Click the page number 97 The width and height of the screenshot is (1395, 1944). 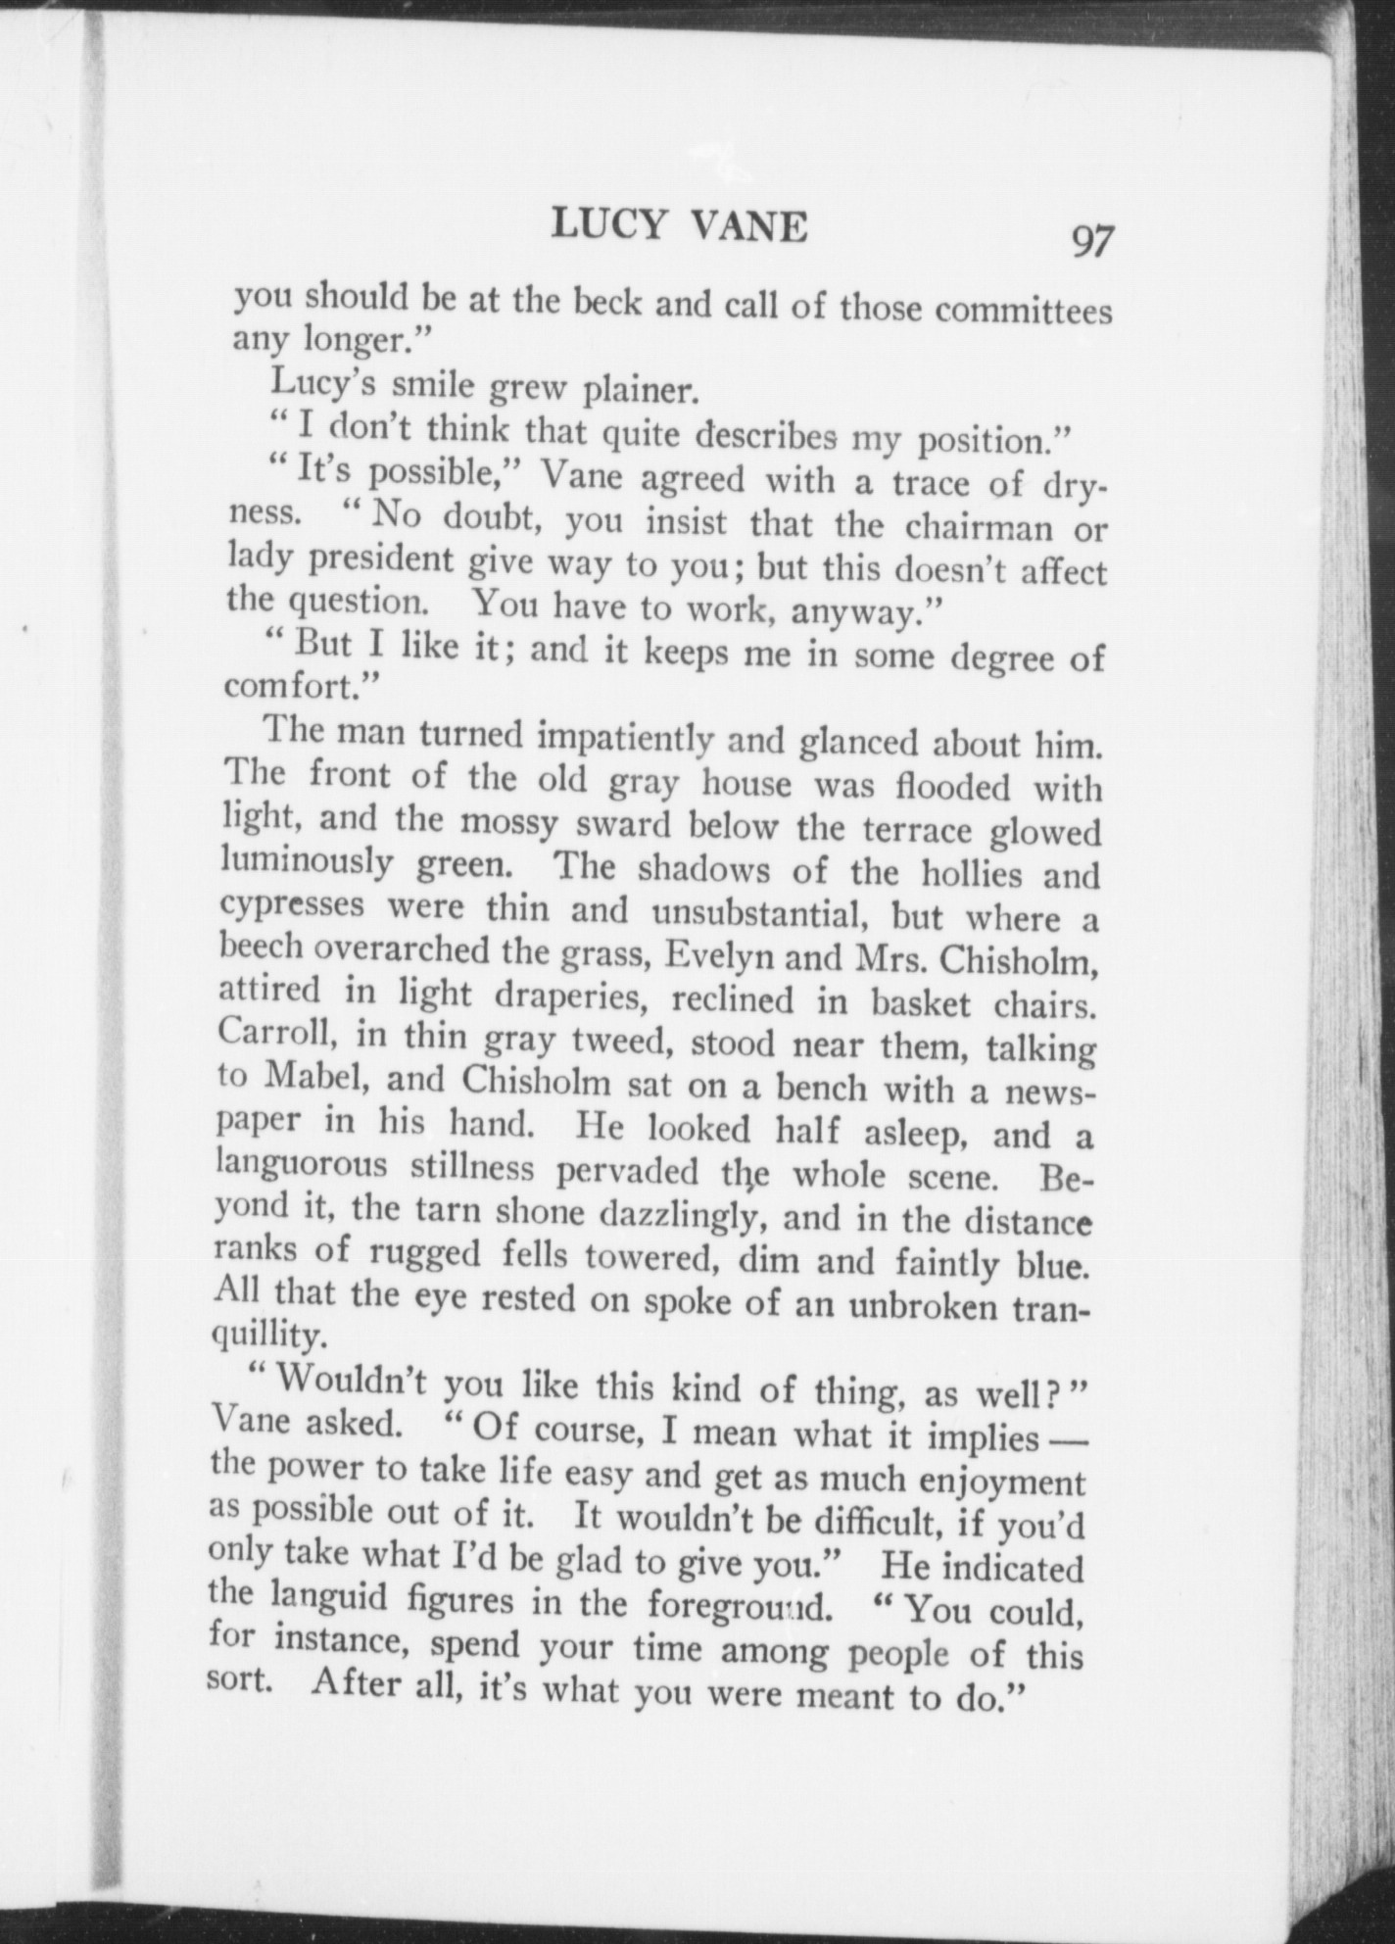pyautogui.click(x=1092, y=240)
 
